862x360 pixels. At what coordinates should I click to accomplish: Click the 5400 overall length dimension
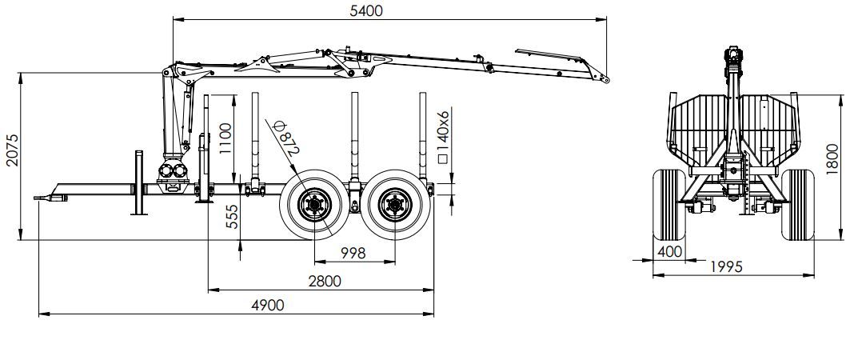(x=366, y=10)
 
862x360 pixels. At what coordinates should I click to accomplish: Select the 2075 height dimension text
(x=11, y=150)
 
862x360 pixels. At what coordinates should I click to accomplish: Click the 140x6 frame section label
(x=445, y=137)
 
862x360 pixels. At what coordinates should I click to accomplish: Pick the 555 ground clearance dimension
(x=231, y=216)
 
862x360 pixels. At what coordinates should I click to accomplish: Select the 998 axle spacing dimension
(x=352, y=253)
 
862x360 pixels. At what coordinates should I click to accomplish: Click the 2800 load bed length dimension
(x=324, y=281)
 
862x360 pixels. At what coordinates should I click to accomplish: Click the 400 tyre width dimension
(x=668, y=251)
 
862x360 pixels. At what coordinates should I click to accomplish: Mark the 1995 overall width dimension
(x=724, y=266)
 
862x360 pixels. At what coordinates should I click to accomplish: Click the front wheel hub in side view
(x=313, y=206)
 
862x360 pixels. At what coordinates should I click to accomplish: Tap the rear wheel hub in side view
(x=393, y=206)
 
